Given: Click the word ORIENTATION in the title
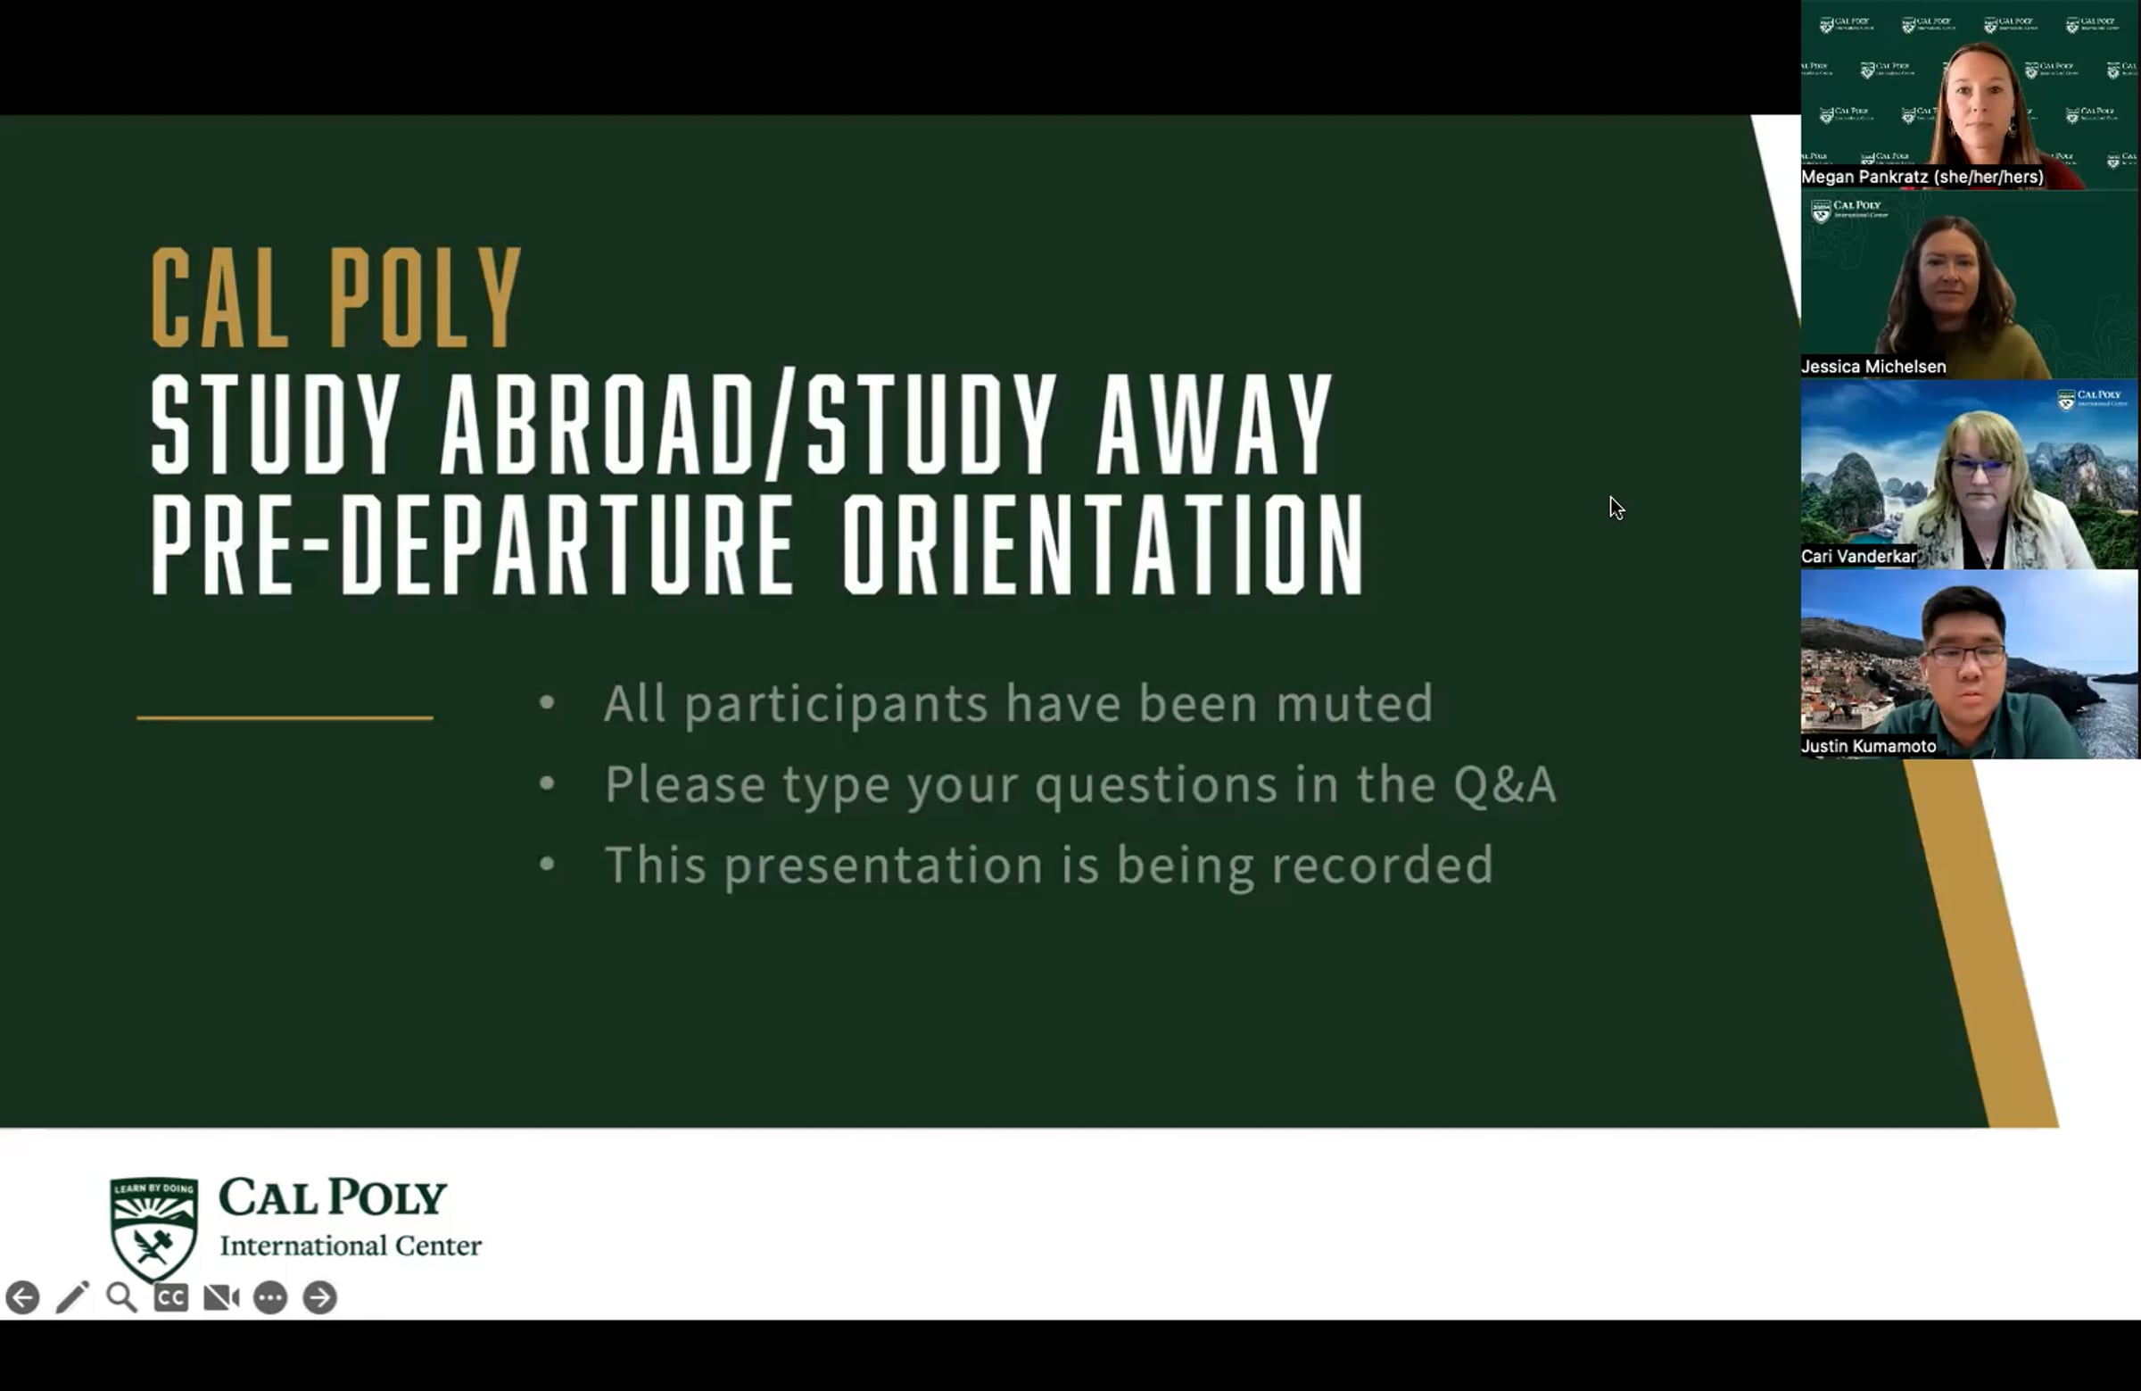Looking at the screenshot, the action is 1104,544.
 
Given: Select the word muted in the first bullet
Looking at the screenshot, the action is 1354,703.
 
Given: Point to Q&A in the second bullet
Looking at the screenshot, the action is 1504,783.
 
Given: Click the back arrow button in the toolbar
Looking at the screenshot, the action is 22,1297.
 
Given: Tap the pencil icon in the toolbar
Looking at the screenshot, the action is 73,1296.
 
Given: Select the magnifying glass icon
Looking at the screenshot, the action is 121,1297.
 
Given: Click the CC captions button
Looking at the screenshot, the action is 171,1297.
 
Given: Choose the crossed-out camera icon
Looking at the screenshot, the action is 221,1297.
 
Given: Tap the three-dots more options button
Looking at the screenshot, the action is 270,1297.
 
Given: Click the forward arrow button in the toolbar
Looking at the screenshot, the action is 319,1297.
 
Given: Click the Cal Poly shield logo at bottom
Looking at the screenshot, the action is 153,1228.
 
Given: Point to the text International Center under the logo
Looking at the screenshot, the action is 351,1246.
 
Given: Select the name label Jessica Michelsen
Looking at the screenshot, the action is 1872,367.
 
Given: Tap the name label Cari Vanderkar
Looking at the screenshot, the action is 1858,557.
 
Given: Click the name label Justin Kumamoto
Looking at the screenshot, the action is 1868,747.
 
